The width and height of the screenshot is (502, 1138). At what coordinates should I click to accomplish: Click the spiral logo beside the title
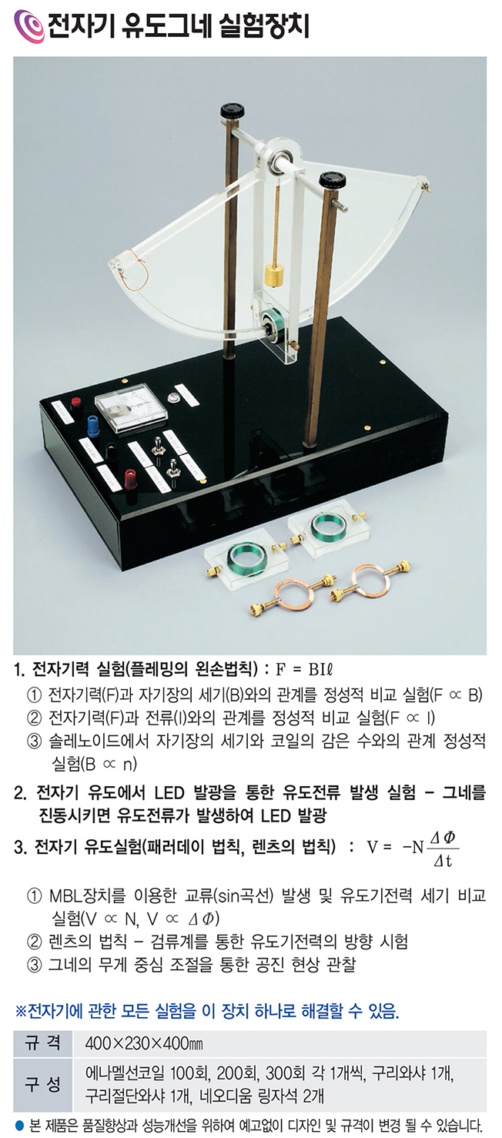point(29,25)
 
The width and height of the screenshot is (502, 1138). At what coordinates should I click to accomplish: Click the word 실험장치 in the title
point(264,25)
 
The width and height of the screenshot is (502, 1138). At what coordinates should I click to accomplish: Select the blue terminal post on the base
point(92,426)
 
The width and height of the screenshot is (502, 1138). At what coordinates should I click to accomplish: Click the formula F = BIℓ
point(304,670)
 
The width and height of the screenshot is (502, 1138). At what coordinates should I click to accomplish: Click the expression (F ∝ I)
point(410,718)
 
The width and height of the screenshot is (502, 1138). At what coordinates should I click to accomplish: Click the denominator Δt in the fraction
point(443,861)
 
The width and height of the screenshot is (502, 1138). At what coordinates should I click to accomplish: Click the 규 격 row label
point(42,1043)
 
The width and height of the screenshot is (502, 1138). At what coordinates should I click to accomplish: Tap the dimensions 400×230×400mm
point(144,1044)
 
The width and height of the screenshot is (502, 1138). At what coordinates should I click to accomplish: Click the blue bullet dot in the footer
point(20,1125)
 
